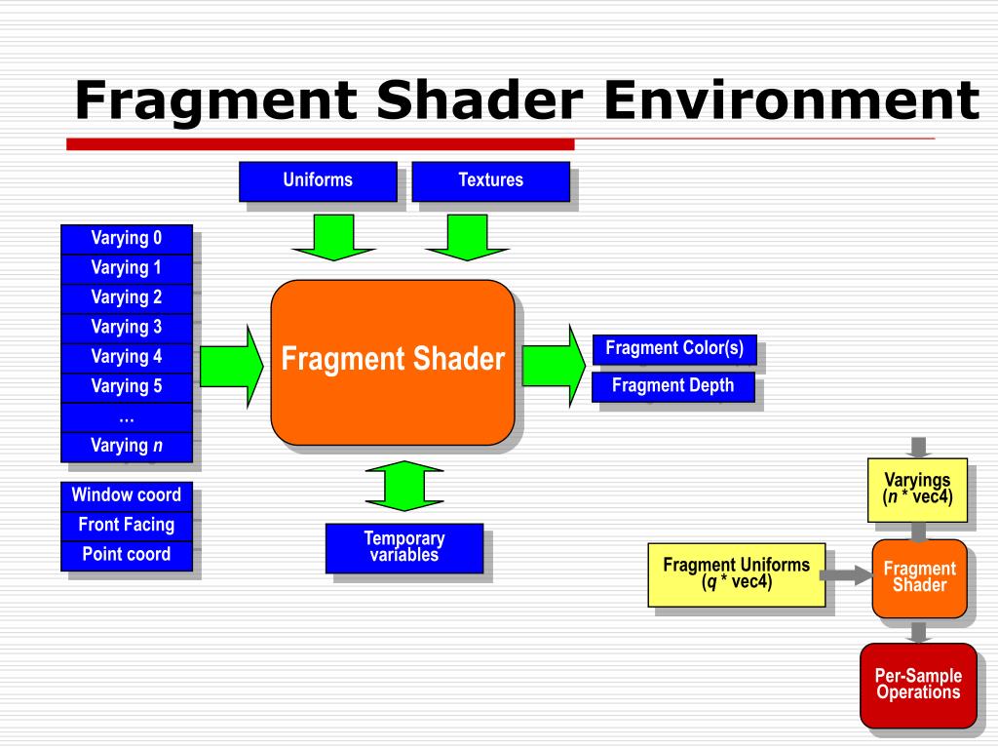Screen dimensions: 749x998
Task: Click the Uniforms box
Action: pyautogui.click(x=318, y=180)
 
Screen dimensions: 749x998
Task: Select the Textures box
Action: pyautogui.click(x=490, y=180)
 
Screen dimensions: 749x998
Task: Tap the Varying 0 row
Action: pyautogui.click(x=127, y=239)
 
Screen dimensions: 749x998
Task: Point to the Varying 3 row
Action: pyautogui.click(x=127, y=328)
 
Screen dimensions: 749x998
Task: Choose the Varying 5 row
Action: pyautogui.click(x=127, y=387)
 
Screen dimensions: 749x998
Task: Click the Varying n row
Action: pyautogui.click(x=127, y=447)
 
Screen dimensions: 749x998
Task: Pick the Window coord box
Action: pyautogui.click(x=127, y=495)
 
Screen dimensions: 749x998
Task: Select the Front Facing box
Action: pyautogui.click(x=127, y=526)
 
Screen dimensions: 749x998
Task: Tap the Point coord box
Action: pyautogui.click(x=127, y=555)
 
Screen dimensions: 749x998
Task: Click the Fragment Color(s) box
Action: pyautogui.click(x=674, y=349)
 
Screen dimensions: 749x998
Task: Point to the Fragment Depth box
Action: pyautogui.click(x=673, y=386)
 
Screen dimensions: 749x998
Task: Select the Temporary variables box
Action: pyautogui.click(x=404, y=548)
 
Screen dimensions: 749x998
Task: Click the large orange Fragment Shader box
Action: pyautogui.click(x=393, y=362)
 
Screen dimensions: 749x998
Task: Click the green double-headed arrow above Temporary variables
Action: pyautogui.click(x=404, y=486)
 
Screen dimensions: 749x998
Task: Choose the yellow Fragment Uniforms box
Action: pyautogui.click(x=737, y=574)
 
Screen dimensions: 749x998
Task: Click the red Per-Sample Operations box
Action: pyautogui.click(x=918, y=685)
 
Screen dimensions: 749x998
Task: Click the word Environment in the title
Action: pyautogui.click(x=790, y=101)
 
